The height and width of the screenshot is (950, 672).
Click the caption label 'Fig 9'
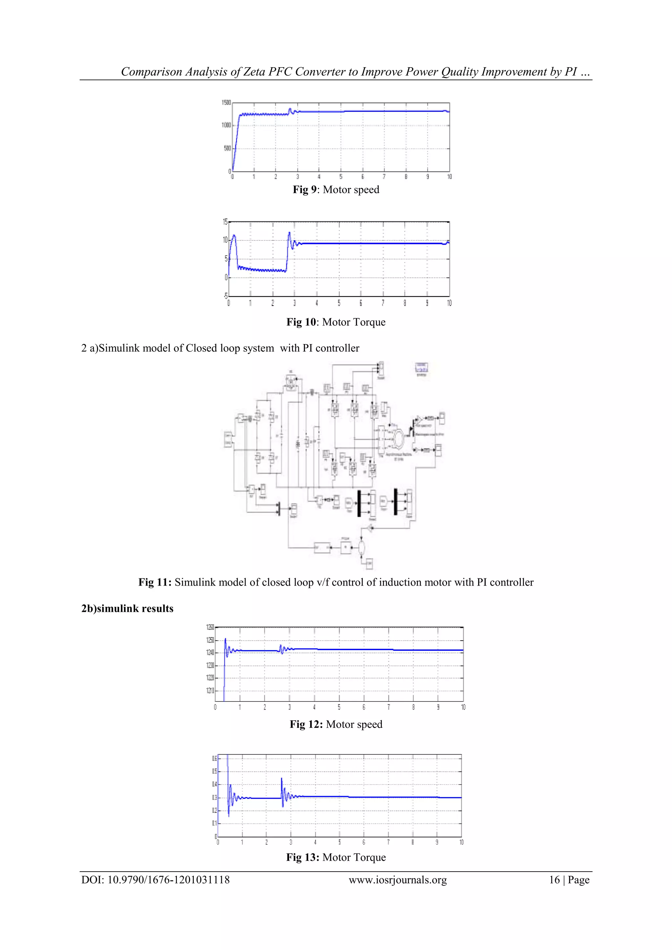point(304,190)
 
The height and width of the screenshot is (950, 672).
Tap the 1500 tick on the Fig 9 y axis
point(226,103)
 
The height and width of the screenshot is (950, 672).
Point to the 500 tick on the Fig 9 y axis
point(227,148)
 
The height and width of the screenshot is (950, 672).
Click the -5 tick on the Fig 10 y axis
point(225,296)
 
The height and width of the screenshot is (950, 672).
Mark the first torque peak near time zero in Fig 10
point(234,236)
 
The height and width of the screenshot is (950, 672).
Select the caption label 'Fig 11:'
point(155,582)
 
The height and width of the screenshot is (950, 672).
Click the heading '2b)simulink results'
point(127,608)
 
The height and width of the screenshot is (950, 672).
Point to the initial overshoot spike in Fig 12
point(225,640)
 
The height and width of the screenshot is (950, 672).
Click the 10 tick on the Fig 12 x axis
point(463,707)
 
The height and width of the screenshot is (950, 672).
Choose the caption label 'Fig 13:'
point(303,857)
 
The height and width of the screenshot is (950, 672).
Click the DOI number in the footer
point(168,880)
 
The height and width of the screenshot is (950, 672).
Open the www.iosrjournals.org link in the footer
point(398,880)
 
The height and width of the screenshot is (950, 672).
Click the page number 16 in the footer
point(554,880)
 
